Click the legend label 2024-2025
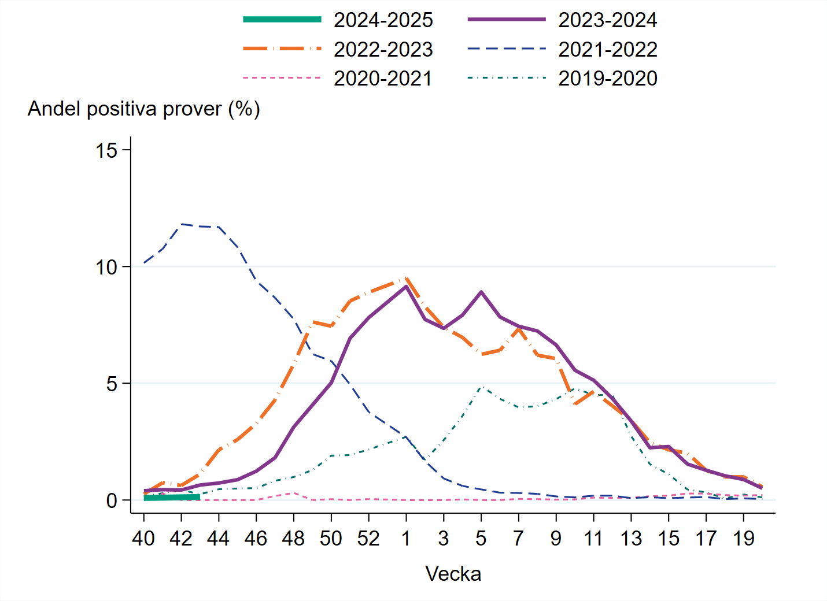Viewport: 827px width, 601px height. click(x=383, y=20)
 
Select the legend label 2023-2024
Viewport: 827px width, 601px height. click(x=607, y=20)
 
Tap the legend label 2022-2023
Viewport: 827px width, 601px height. click(x=383, y=49)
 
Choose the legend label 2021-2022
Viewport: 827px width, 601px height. click(x=607, y=49)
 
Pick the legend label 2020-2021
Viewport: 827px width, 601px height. click(x=383, y=78)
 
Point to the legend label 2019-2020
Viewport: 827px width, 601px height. click(x=607, y=78)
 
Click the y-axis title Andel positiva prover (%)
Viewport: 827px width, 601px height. click(x=143, y=109)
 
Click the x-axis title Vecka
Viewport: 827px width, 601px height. click(x=453, y=574)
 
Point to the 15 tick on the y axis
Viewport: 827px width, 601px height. click(x=106, y=151)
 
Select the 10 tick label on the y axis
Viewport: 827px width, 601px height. click(x=106, y=268)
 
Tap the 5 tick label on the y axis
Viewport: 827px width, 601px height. click(x=112, y=384)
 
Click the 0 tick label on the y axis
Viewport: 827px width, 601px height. click(x=112, y=501)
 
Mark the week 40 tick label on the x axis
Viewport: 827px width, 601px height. click(x=143, y=539)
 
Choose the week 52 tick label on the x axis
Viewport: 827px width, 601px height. click(x=368, y=539)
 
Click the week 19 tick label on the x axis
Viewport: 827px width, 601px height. click(x=743, y=539)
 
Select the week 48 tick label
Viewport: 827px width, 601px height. click(x=293, y=539)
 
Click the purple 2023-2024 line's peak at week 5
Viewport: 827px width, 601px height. click(x=481, y=292)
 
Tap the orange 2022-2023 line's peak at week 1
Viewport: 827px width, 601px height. click(x=406, y=278)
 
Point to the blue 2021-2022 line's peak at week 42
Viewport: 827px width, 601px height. click(x=182, y=224)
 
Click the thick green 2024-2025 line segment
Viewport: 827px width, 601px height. click(x=172, y=497)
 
